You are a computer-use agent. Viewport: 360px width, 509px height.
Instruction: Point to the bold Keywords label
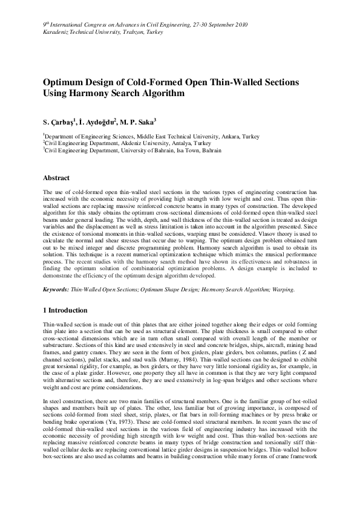[56, 290]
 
